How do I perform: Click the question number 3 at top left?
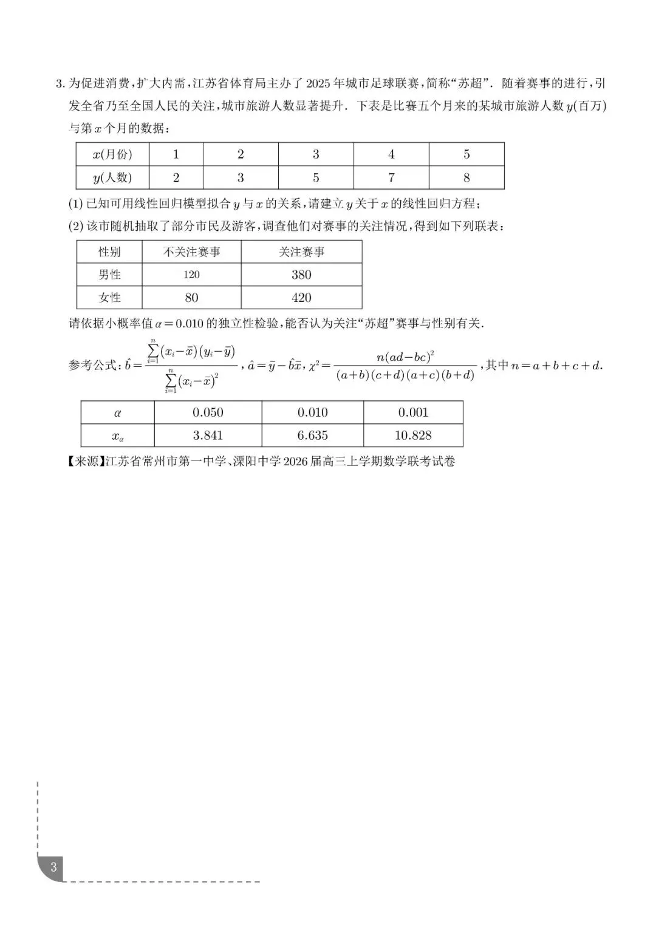59,84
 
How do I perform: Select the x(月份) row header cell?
112,154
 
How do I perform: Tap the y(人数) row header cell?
112,178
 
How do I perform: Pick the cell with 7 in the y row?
391,178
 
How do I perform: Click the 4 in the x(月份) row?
391,154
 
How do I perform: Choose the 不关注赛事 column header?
191,251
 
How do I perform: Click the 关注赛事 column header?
301,251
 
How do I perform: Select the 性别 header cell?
109,251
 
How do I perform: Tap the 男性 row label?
109,275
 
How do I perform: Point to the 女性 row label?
109,298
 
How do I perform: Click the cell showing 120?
191,275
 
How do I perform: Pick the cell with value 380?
301,275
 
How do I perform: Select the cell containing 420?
301,298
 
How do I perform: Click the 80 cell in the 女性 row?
191,298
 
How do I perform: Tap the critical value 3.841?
208,436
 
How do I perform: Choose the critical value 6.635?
312,436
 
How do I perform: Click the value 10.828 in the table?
413,436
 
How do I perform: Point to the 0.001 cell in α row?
413,412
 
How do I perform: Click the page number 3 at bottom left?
53,867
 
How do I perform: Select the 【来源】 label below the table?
84,462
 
